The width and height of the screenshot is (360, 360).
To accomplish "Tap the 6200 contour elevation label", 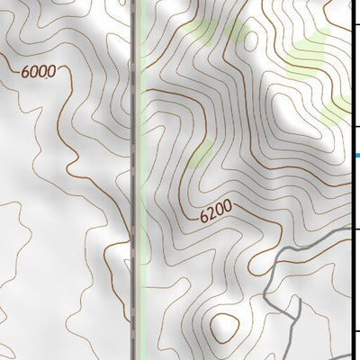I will [216, 210].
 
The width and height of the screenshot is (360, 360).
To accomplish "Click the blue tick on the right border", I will [356, 156].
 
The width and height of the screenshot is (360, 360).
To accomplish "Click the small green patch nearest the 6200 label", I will [202, 153].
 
